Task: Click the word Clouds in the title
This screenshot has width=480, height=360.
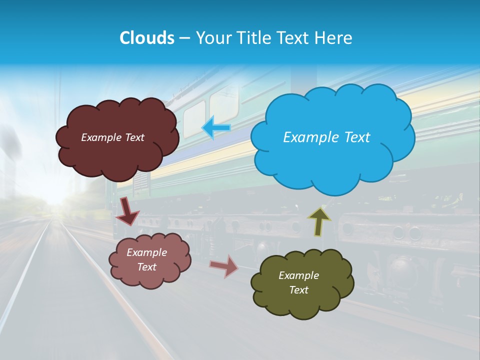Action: point(147,38)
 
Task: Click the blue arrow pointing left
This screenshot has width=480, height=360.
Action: point(216,128)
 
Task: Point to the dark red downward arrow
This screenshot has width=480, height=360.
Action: point(127,211)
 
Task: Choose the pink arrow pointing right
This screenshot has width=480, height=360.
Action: point(224,266)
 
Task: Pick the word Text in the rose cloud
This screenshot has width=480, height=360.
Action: point(146,267)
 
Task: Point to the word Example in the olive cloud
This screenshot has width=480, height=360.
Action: point(298,275)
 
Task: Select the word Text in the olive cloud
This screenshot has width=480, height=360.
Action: point(298,290)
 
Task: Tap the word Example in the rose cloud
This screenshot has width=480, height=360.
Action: point(146,252)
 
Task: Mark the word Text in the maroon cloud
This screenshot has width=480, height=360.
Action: point(134,137)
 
